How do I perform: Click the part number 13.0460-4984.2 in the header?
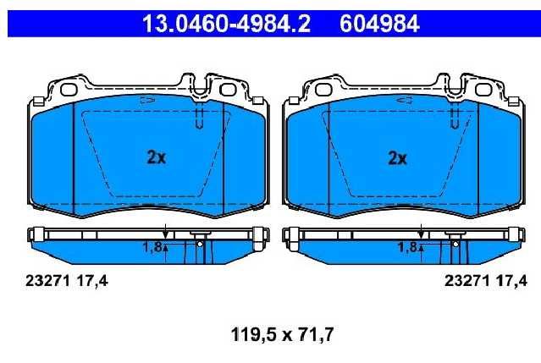coord(226,24)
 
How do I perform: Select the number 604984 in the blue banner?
coord(379,24)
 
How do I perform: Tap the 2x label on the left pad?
coord(157,157)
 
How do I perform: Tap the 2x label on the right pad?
coord(397,158)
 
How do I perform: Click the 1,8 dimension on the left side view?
coord(152,247)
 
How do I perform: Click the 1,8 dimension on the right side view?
coord(407,247)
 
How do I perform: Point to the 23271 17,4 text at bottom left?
coord(67,281)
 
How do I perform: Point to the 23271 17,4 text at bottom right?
coord(486,281)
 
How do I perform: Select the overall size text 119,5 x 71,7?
coord(282,334)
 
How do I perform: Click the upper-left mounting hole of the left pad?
coord(69,90)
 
